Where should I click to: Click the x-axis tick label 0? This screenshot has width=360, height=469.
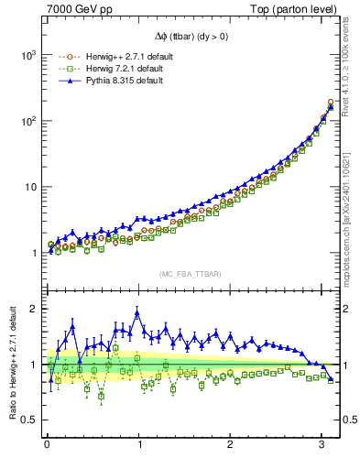tap(48, 447)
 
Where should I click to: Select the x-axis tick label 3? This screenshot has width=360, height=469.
tap(322, 447)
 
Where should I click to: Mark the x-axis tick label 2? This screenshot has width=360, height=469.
tap(231, 447)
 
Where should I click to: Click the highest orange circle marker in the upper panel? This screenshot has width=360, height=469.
tap(331, 102)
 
